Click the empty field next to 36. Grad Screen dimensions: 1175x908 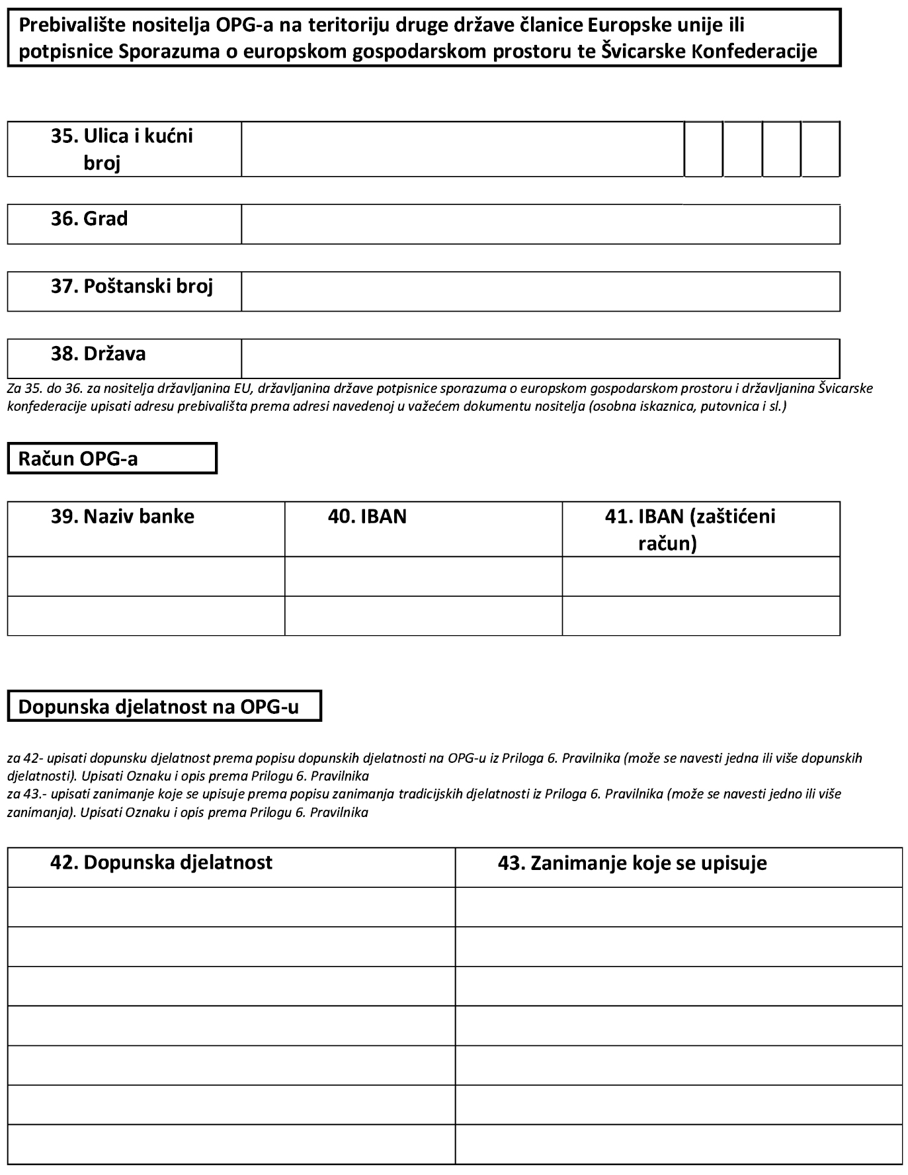[540, 224]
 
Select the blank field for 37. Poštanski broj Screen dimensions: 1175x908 [540, 292]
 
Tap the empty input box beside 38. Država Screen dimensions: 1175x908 [540, 359]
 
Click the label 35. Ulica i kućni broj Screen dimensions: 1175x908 [123, 149]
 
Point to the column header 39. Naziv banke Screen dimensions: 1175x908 [123, 517]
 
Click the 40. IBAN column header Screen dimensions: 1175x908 [367, 517]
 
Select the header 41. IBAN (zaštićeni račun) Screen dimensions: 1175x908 [690, 529]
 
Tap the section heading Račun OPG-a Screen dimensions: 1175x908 [78, 459]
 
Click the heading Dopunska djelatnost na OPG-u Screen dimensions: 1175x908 [159, 707]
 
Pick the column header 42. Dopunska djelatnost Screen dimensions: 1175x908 [161, 863]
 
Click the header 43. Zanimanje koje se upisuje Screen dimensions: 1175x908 [632, 863]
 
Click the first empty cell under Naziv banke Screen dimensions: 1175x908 [146, 576]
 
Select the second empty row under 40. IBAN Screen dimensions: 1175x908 [423, 616]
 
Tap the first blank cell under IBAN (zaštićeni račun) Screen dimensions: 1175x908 [701, 576]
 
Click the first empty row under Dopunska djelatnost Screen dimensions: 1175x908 [231, 907]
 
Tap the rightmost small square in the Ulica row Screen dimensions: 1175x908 [821, 150]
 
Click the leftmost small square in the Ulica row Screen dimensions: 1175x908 [704, 150]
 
